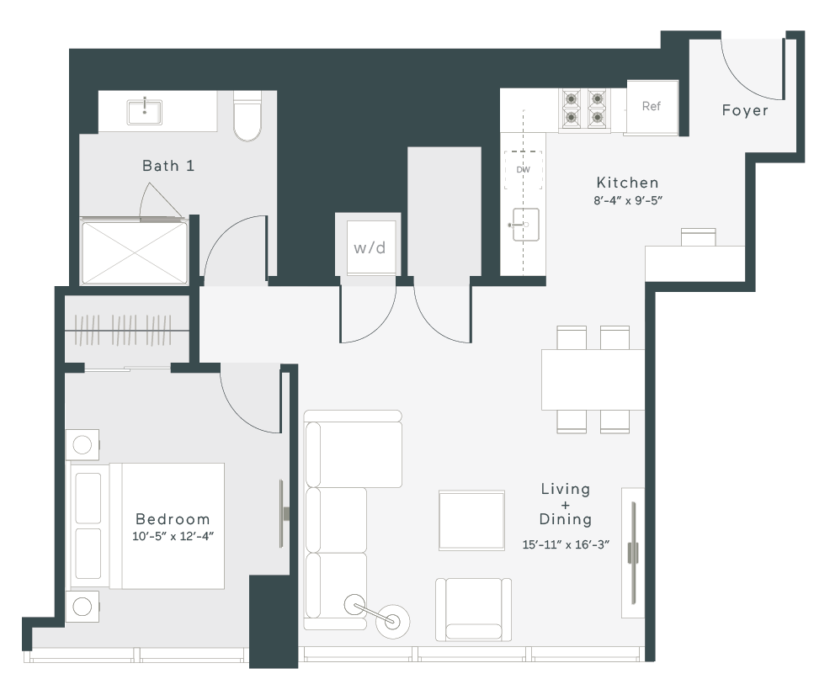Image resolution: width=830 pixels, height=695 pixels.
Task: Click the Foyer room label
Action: click(x=745, y=110)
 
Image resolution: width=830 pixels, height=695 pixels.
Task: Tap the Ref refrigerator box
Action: click(x=652, y=108)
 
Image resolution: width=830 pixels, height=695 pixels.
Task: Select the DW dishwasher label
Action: click(x=523, y=170)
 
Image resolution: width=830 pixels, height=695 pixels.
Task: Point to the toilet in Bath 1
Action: click(x=247, y=116)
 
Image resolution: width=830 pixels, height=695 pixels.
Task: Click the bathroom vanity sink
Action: click(x=145, y=112)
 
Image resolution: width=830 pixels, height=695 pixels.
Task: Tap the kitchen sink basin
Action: click(x=524, y=225)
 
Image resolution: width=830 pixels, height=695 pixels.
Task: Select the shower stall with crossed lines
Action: click(x=135, y=252)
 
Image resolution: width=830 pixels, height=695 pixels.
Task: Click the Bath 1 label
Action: click(x=168, y=166)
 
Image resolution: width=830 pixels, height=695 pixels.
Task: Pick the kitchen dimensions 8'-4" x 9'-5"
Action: click(x=628, y=200)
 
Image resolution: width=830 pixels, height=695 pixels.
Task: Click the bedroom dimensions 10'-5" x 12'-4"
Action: click(x=173, y=536)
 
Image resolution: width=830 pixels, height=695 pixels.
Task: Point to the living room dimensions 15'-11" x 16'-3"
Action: click(x=566, y=544)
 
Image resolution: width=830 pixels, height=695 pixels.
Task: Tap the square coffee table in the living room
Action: click(x=471, y=521)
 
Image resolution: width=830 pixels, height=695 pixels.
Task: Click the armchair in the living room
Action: click(x=474, y=609)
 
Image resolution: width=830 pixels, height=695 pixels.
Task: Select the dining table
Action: click(x=593, y=379)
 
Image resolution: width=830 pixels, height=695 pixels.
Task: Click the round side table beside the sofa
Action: click(x=392, y=620)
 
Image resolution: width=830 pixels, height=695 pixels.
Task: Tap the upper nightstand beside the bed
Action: click(x=82, y=445)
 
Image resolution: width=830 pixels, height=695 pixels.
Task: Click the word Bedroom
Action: click(x=173, y=519)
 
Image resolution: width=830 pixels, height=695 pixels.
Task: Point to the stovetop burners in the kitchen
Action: click(x=584, y=109)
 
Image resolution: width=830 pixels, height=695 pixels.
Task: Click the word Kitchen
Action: click(x=628, y=183)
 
